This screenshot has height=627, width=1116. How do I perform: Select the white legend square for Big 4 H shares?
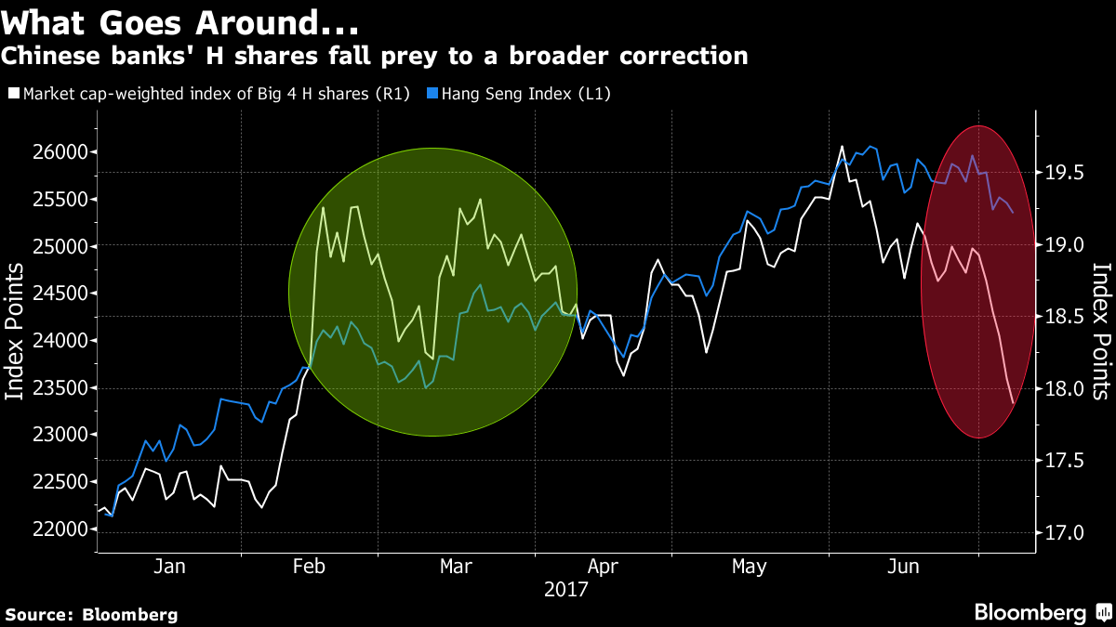tap(12, 93)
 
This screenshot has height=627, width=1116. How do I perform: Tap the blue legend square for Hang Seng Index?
tap(432, 93)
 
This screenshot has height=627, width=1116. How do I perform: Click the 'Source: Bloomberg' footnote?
tap(91, 614)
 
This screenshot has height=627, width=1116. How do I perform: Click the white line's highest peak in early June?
tap(842, 147)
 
